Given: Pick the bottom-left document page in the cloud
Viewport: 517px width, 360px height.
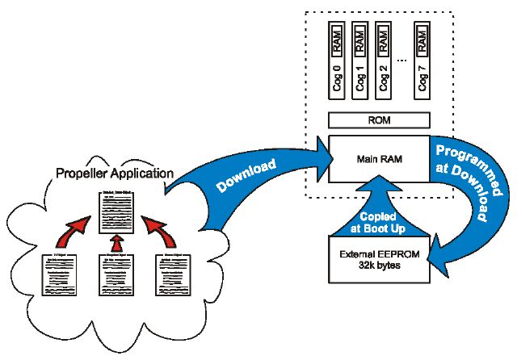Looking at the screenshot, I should [x=59, y=278].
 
